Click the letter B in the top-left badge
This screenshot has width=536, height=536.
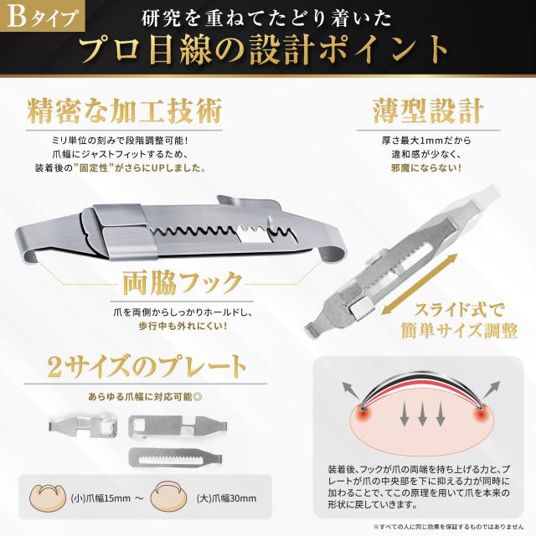(x=19, y=16)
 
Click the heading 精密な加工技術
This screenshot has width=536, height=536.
(x=126, y=111)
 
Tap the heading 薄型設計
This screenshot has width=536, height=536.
(x=426, y=111)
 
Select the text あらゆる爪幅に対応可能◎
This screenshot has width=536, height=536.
(x=138, y=392)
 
